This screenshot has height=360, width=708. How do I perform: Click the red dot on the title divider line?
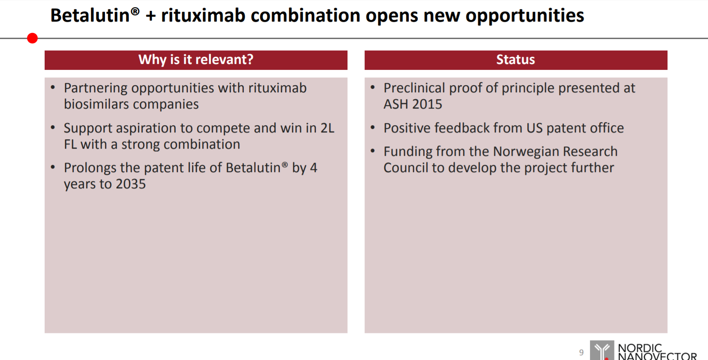32,38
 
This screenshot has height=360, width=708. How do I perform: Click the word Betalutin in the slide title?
90,15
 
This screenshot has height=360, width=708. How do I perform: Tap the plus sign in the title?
151,16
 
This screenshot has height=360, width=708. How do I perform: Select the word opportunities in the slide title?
525,16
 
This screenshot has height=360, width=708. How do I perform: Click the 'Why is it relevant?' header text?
196,59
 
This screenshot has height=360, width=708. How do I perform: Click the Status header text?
516,59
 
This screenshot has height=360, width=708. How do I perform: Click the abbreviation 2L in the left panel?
327,128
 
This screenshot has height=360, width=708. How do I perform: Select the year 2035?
131,184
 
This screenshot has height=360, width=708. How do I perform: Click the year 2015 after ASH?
427,104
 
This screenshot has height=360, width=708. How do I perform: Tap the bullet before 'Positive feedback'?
373,128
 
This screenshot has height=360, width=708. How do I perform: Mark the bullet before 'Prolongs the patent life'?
53,167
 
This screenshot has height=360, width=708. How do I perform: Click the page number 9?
581,352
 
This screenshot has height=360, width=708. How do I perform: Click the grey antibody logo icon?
602,350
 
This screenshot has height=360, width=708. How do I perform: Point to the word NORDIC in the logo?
640,348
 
